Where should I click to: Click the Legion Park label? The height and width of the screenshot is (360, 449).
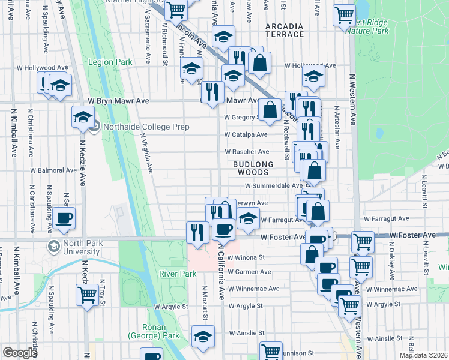click(x=110, y=62)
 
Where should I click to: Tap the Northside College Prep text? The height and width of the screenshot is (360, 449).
click(x=146, y=127)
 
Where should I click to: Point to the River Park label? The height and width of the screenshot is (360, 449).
click(x=178, y=274)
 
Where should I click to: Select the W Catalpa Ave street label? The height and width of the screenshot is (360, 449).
click(x=246, y=134)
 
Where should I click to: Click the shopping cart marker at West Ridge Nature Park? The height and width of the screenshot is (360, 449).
click(x=345, y=15)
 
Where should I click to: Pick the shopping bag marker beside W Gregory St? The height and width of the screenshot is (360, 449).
click(x=270, y=110)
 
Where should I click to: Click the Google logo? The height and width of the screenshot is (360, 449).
click(x=20, y=353)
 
